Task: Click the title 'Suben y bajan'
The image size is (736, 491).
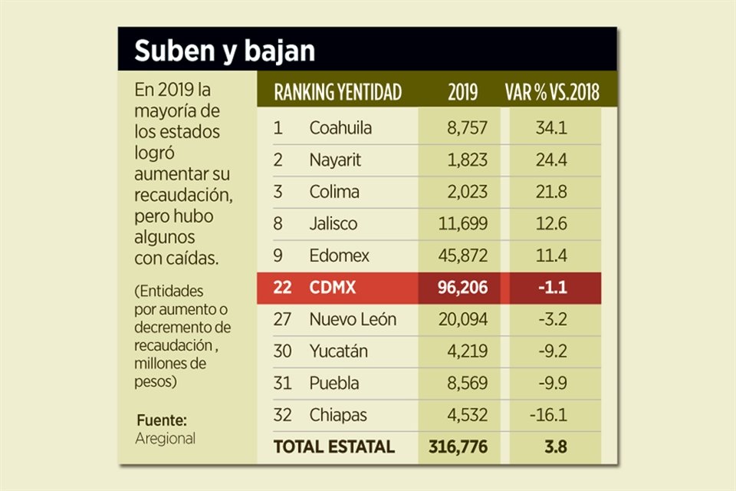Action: [224, 51]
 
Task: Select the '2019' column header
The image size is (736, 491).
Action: [462, 93]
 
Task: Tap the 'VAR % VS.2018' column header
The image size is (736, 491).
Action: [552, 93]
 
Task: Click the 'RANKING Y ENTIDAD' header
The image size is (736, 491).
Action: [337, 93]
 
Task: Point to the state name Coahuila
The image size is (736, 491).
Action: [340, 128]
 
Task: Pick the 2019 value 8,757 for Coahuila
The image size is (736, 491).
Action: [467, 128]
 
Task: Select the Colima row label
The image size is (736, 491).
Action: [334, 192]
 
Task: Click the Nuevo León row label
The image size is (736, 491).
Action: [353, 319]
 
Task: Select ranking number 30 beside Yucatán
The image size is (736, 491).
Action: [282, 351]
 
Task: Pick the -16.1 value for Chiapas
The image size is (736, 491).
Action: [548, 415]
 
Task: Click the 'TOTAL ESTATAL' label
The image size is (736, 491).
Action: [334, 447]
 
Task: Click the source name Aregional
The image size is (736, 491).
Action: [165, 439]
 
